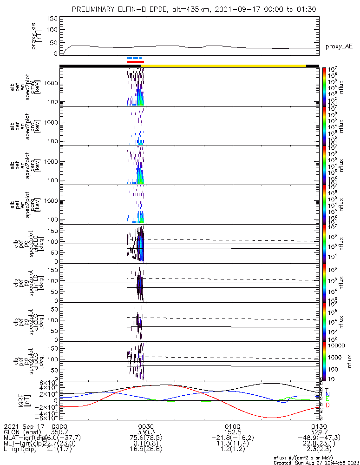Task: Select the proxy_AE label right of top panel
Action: [339, 47]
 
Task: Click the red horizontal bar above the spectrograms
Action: [135, 61]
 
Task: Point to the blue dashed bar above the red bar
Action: [135, 58]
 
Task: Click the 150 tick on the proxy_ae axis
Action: [52, 19]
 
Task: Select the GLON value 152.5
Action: [232, 432]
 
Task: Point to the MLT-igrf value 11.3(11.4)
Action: [232, 443]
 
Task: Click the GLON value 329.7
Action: [319, 432]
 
